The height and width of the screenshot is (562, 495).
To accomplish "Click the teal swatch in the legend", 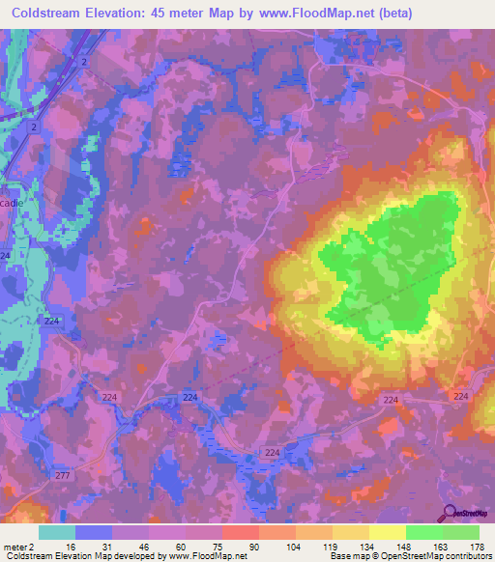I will click(57, 532).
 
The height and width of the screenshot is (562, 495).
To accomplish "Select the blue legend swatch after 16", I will click(94, 532).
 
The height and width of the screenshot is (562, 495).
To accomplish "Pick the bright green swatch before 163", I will click(423, 532).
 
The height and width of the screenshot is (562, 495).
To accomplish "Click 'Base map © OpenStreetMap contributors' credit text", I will click(408, 556).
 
